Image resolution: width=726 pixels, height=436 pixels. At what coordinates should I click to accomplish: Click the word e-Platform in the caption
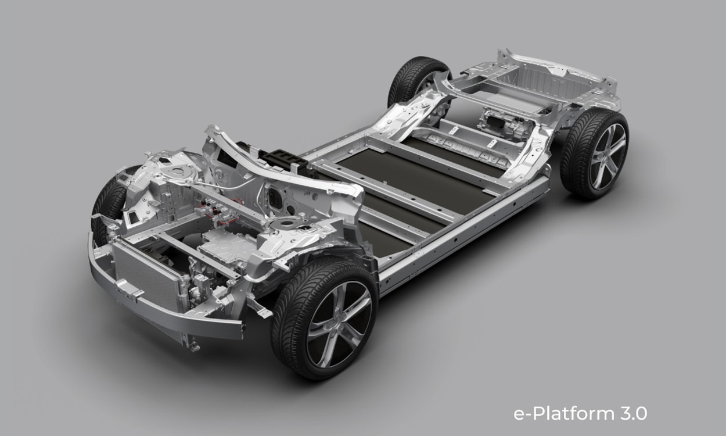[564, 414]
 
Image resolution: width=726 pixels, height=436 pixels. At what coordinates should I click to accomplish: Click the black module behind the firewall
[286, 160]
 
